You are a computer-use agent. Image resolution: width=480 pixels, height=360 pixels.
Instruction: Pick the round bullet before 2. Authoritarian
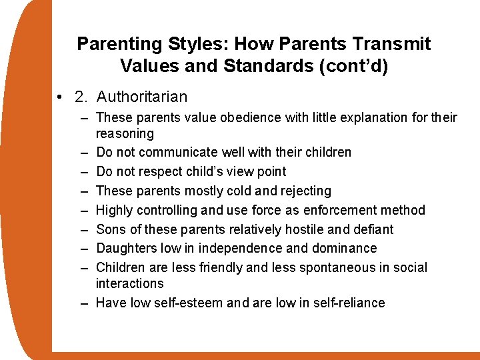tap(61, 97)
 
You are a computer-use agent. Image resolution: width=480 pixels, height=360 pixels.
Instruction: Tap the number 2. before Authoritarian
tap(82, 97)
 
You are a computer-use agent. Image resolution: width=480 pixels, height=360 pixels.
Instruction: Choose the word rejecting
tap(303, 191)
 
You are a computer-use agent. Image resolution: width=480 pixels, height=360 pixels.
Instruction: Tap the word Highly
tap(114, 210)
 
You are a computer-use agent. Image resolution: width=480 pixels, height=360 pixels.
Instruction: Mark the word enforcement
tap(339, 210)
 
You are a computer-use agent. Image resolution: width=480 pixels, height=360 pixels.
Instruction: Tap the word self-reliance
tap(350, 303)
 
